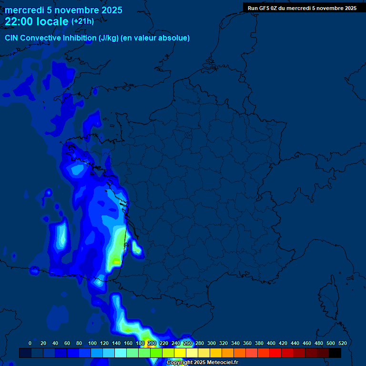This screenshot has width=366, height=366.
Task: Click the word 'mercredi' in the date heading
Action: (x=22, y=10)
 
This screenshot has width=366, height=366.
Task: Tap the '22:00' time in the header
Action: (x=19, y=21)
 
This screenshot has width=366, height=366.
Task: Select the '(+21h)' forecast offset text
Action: (x=82, y=21)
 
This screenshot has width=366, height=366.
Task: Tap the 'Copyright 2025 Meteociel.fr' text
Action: (x=202, y=362)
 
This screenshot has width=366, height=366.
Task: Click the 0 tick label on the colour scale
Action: (x=30, y=343)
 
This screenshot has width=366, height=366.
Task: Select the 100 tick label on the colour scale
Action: (x=92, y=343)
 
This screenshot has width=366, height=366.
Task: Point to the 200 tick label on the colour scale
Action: (x=152, y=343)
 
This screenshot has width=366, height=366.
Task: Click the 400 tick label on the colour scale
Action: (x=271, y=343)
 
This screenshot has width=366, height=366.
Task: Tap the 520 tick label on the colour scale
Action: (x=342, y=343)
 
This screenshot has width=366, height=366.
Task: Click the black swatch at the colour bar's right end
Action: (x=335, y=353)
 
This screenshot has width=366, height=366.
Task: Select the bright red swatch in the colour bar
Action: (x=275, y=353)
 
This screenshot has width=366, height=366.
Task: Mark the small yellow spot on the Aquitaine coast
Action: (x=116, y=261)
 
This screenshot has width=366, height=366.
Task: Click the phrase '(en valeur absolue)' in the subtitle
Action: (x=156, y=38)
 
